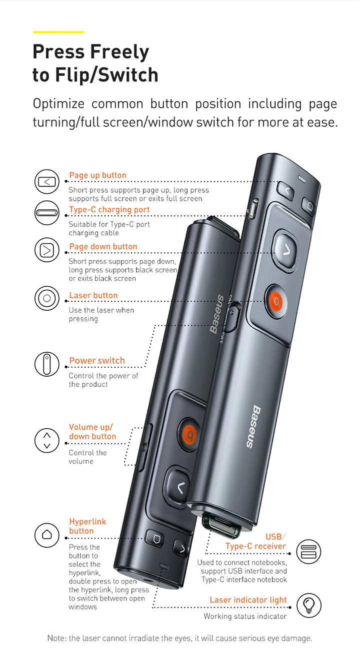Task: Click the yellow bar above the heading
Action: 58,32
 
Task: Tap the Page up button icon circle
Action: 47,181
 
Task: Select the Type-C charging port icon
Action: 47,213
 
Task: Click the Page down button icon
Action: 47,250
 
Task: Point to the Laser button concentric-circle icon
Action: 47,298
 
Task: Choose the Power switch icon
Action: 47,364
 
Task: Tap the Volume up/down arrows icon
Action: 47,441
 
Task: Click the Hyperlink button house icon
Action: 47,535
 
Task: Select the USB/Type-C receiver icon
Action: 308,552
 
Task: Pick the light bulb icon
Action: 309,605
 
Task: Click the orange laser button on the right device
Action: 276,301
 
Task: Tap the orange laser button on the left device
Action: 190,434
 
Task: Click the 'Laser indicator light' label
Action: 248,600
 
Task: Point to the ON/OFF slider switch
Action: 232,317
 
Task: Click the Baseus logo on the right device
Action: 252,427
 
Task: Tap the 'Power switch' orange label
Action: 97,360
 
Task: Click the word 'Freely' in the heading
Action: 119,52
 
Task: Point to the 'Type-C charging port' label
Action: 109,209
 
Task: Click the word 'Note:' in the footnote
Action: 56,639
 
